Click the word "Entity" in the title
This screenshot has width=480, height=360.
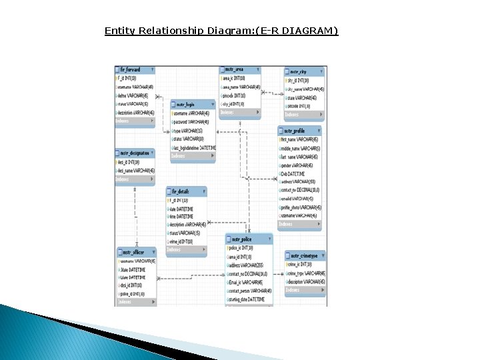tap(119, 31)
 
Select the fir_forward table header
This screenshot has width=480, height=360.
tap(135, 69)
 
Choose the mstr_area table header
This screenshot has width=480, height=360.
tap(241, 69)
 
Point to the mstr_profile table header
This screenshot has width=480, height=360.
tap(300, 131)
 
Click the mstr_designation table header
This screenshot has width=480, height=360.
tap(135, 153)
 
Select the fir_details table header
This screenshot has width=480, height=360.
tap(186, 191)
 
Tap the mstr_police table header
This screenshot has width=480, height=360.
tap(249, 239)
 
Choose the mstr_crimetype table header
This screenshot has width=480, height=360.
tap(305, 255)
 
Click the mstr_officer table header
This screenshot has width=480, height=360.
tap(136, 252)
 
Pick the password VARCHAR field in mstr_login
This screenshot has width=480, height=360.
tap(191, 122)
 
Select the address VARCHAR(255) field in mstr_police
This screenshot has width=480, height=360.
tap(249, 265)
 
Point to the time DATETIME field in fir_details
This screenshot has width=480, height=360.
tap(181, 217)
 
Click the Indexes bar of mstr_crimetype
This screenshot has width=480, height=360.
tap(305, 290)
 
